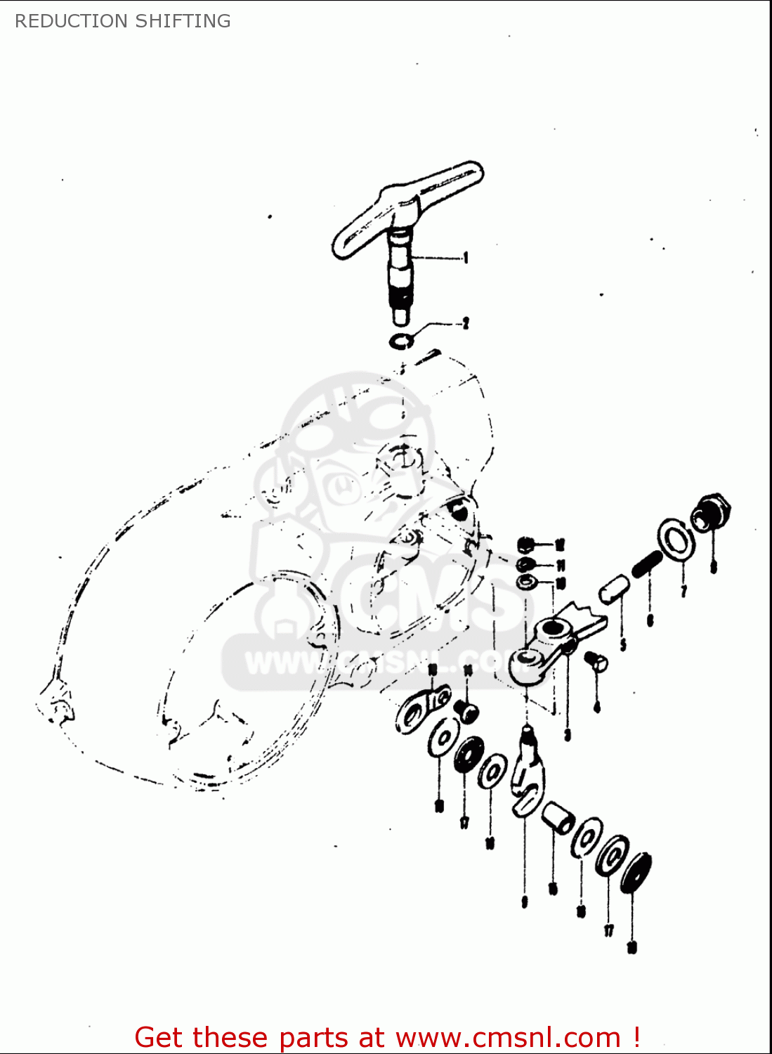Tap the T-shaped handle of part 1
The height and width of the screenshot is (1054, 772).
pos(407,207)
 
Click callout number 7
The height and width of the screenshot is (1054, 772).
pos(683,591)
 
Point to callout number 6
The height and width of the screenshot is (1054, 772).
pos(650,620)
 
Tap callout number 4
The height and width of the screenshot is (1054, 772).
pos(597,707)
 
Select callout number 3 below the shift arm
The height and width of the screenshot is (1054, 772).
pos(567,735)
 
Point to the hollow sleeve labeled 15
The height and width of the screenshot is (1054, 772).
pos(558,818)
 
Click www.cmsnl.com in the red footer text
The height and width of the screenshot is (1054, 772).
pos(508,1037)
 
